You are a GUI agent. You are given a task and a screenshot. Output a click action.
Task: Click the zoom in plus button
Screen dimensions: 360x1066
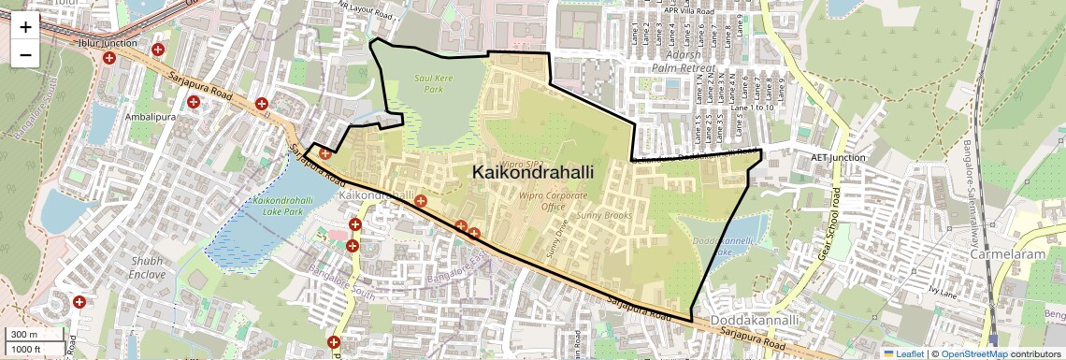(x=25, y=27)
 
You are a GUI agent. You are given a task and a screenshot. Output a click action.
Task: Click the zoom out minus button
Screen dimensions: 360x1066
(x=25, y=54)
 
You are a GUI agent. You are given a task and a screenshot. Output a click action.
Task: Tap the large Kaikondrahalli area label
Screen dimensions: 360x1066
(x=533, y=173)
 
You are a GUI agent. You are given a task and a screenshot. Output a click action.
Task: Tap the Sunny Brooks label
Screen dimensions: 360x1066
(x=604, y=216)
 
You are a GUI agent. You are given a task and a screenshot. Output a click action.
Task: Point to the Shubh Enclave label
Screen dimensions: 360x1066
(x=148, y=268)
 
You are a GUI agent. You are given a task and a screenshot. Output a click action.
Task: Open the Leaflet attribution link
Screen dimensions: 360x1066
(x=904, y=354)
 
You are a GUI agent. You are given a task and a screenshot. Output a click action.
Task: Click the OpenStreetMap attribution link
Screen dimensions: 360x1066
(x=973, y=354)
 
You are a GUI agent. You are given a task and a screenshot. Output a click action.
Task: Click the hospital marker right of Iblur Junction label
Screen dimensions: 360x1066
(x=158, y=49)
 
